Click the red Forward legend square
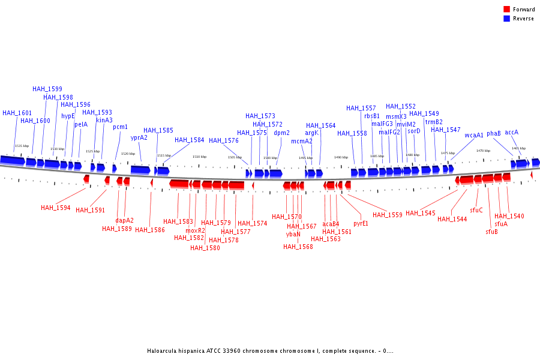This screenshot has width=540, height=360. click(506, 9)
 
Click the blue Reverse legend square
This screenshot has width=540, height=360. click(506, 19)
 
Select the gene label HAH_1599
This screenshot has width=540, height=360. click(47, 89)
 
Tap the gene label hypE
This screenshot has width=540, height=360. click(68, 116)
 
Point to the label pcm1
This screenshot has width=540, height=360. click(120, 127)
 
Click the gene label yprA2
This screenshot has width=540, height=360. click(139, 137)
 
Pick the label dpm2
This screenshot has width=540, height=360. click(281, 133)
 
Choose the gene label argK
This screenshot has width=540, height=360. click(311, 133)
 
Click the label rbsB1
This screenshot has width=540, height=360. click(371, 116)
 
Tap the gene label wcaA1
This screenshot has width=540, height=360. click(474, 135)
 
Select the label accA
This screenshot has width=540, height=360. click(511, 132)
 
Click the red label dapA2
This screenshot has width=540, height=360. click(124, 220)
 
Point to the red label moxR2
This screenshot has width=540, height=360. click(195, 230)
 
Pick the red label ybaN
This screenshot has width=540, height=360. click(293, 234)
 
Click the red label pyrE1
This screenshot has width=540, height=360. click(361, 223)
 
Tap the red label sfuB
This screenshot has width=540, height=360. click(491, 232)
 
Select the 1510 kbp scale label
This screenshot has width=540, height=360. click(199, 157)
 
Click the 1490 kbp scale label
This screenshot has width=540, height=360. click(341, 157)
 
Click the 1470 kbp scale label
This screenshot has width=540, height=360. click(483, 151)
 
